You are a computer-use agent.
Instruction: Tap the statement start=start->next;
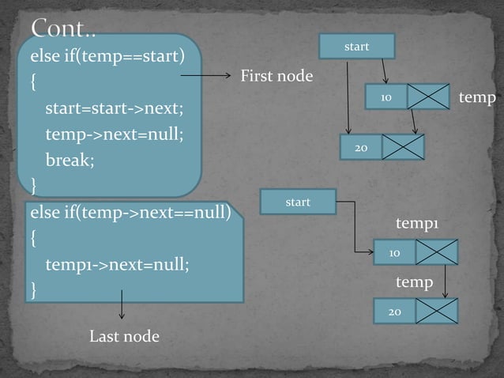click(x=114, y=107)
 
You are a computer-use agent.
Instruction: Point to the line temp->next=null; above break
click(x=114, y=133)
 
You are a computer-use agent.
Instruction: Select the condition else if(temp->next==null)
click(x=130, y=212)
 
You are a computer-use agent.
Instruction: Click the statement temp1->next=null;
click(x=118, y=264)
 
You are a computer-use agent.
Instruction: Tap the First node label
click(x=276, y=76)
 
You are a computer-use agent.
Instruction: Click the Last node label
click(x=124, y=337)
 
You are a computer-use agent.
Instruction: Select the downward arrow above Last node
click(x=122, y=305)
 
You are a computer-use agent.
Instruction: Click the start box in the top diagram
click(x=357, y=47)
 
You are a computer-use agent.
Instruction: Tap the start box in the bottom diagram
click(x=298, y=202)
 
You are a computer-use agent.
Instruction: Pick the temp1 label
click(x=416, y=225)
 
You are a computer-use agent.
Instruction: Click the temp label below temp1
click(x=414, y=282)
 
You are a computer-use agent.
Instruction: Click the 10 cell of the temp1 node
click(x=394, y=252)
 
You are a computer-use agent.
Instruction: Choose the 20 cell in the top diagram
click(x=360, y=148)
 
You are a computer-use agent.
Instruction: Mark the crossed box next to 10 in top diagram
click(x=429, y=97)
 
